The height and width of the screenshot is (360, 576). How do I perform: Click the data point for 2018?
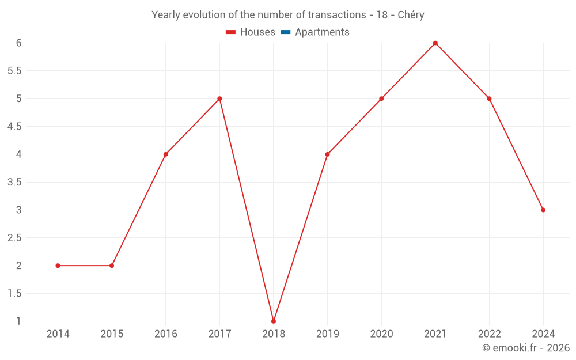(274, 321)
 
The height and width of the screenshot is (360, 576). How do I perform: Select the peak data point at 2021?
(435, 43)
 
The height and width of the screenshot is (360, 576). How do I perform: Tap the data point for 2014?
(58, 266)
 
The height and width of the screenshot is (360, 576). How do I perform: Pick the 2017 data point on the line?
(219, 98)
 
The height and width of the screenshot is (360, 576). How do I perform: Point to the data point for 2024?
(543, 210)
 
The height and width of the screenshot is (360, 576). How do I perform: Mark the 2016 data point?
(166, 154)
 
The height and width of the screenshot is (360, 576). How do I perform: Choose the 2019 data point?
(328, 154)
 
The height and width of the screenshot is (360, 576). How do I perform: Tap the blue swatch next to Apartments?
(285, 32)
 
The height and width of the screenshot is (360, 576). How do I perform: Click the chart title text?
(288, 15)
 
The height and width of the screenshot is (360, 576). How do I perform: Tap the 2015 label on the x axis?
(112, 334)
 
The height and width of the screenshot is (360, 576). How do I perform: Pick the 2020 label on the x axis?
(381, 334)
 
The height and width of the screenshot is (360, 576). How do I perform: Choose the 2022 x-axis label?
(489, 334)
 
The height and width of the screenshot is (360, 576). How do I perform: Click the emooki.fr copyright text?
(526, 348)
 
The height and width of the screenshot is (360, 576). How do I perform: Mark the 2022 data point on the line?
(489, 98)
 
